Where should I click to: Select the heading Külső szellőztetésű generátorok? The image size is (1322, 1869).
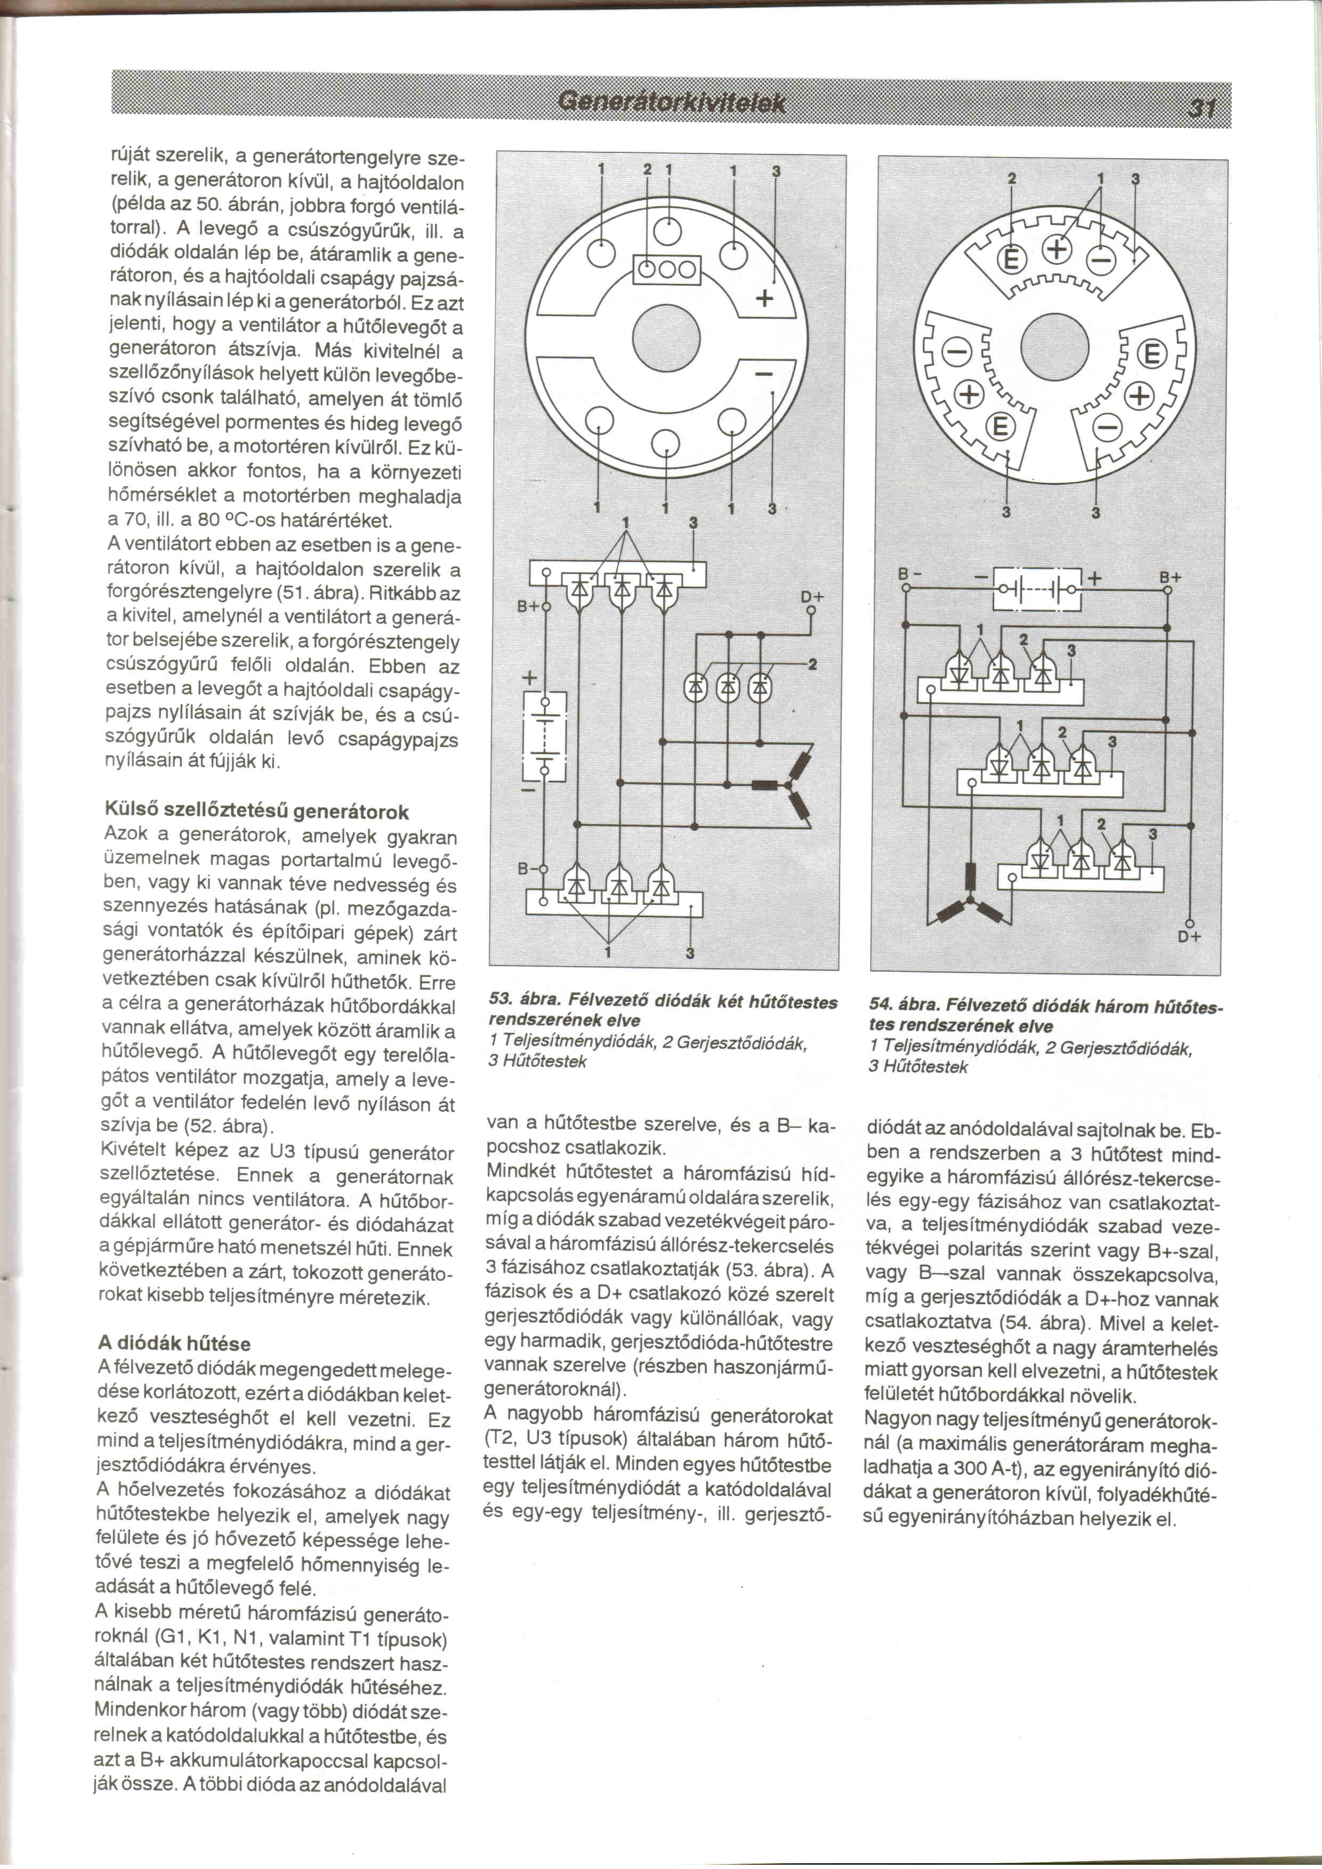(256, 812)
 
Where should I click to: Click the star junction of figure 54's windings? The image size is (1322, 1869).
(970, 900)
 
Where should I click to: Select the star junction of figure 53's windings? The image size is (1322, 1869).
(788, 786)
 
